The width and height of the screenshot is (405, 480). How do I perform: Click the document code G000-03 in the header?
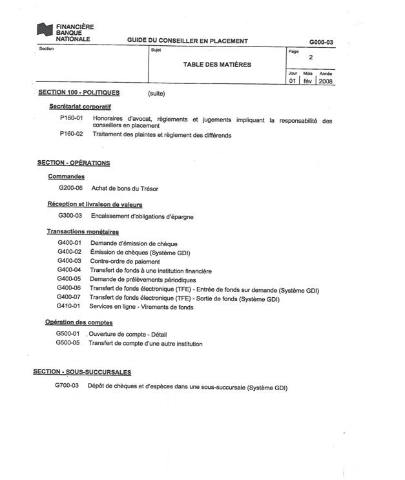321,42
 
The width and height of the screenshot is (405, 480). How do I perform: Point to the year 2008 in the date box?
326,82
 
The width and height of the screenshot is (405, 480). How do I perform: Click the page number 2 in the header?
311,57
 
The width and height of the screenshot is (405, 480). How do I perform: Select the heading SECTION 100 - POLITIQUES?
79,93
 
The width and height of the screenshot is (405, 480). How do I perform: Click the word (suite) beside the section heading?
157,94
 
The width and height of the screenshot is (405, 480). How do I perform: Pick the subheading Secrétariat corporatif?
80,106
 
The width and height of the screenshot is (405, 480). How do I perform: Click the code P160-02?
72,134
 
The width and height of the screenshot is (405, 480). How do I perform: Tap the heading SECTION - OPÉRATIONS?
73,163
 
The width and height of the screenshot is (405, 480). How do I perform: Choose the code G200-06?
70,189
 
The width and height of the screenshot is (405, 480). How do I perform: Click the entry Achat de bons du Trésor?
125,189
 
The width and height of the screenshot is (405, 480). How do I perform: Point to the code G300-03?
70,216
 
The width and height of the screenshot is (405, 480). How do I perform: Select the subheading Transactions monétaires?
83,231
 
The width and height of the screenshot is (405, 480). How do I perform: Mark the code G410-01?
68,306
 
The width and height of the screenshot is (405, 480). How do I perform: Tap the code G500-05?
68,343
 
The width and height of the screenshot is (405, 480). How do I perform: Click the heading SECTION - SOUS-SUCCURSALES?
82,372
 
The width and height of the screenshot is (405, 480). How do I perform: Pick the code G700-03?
67,386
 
